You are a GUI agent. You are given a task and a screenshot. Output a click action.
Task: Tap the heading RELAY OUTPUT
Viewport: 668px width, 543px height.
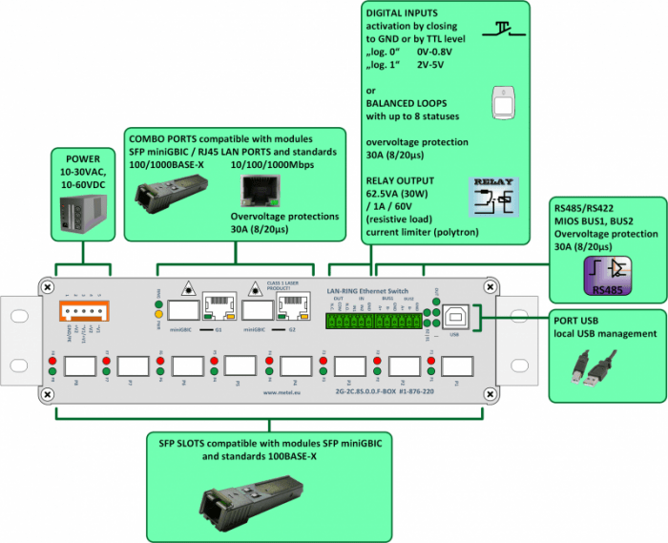[x=400, y=178]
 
